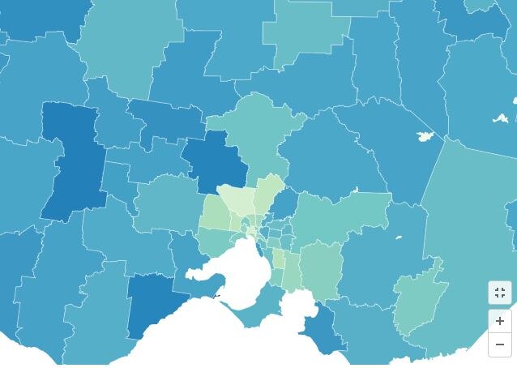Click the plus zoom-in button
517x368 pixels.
[x=499, y=321]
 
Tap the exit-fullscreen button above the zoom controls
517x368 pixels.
[x=499, y=293]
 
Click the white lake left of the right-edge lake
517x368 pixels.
[x=424, y=136]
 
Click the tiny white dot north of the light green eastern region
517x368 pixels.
[x=399, y=237]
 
